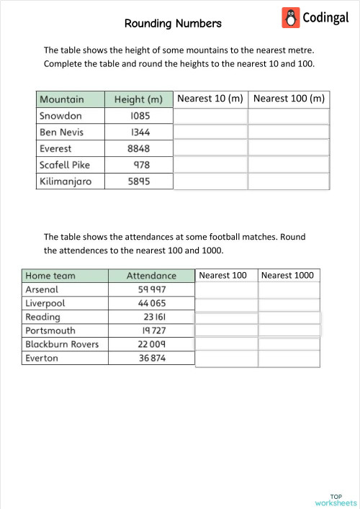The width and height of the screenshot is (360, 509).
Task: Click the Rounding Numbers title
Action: tap(173, 24)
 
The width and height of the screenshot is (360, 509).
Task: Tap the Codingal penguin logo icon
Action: tap(292, 17)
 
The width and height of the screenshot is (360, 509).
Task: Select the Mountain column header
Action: tap(62, 99)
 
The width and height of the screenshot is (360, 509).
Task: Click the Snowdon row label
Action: tap(61, 116)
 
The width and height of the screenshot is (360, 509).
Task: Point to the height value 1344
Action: tap(140, 132)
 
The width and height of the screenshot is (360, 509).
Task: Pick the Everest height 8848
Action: tap(139, 149)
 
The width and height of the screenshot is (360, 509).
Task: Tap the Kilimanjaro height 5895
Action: tap(139, 182)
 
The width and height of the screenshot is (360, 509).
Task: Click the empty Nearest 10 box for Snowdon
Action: tap(210, 116)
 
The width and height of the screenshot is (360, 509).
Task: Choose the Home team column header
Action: tap(50, 276)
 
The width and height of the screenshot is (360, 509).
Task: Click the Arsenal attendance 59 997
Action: tap(152, 289)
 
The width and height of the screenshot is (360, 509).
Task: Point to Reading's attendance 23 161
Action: tap(154, 317)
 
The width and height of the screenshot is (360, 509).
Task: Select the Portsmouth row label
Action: tap(50, 330)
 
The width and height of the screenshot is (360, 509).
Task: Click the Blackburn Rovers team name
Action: tap(62, 344)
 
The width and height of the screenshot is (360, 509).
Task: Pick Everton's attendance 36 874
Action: tap(152, 358)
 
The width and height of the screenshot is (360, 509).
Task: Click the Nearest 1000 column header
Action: tap(288, 275)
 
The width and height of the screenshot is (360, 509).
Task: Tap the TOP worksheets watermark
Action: tap(336, 500)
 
